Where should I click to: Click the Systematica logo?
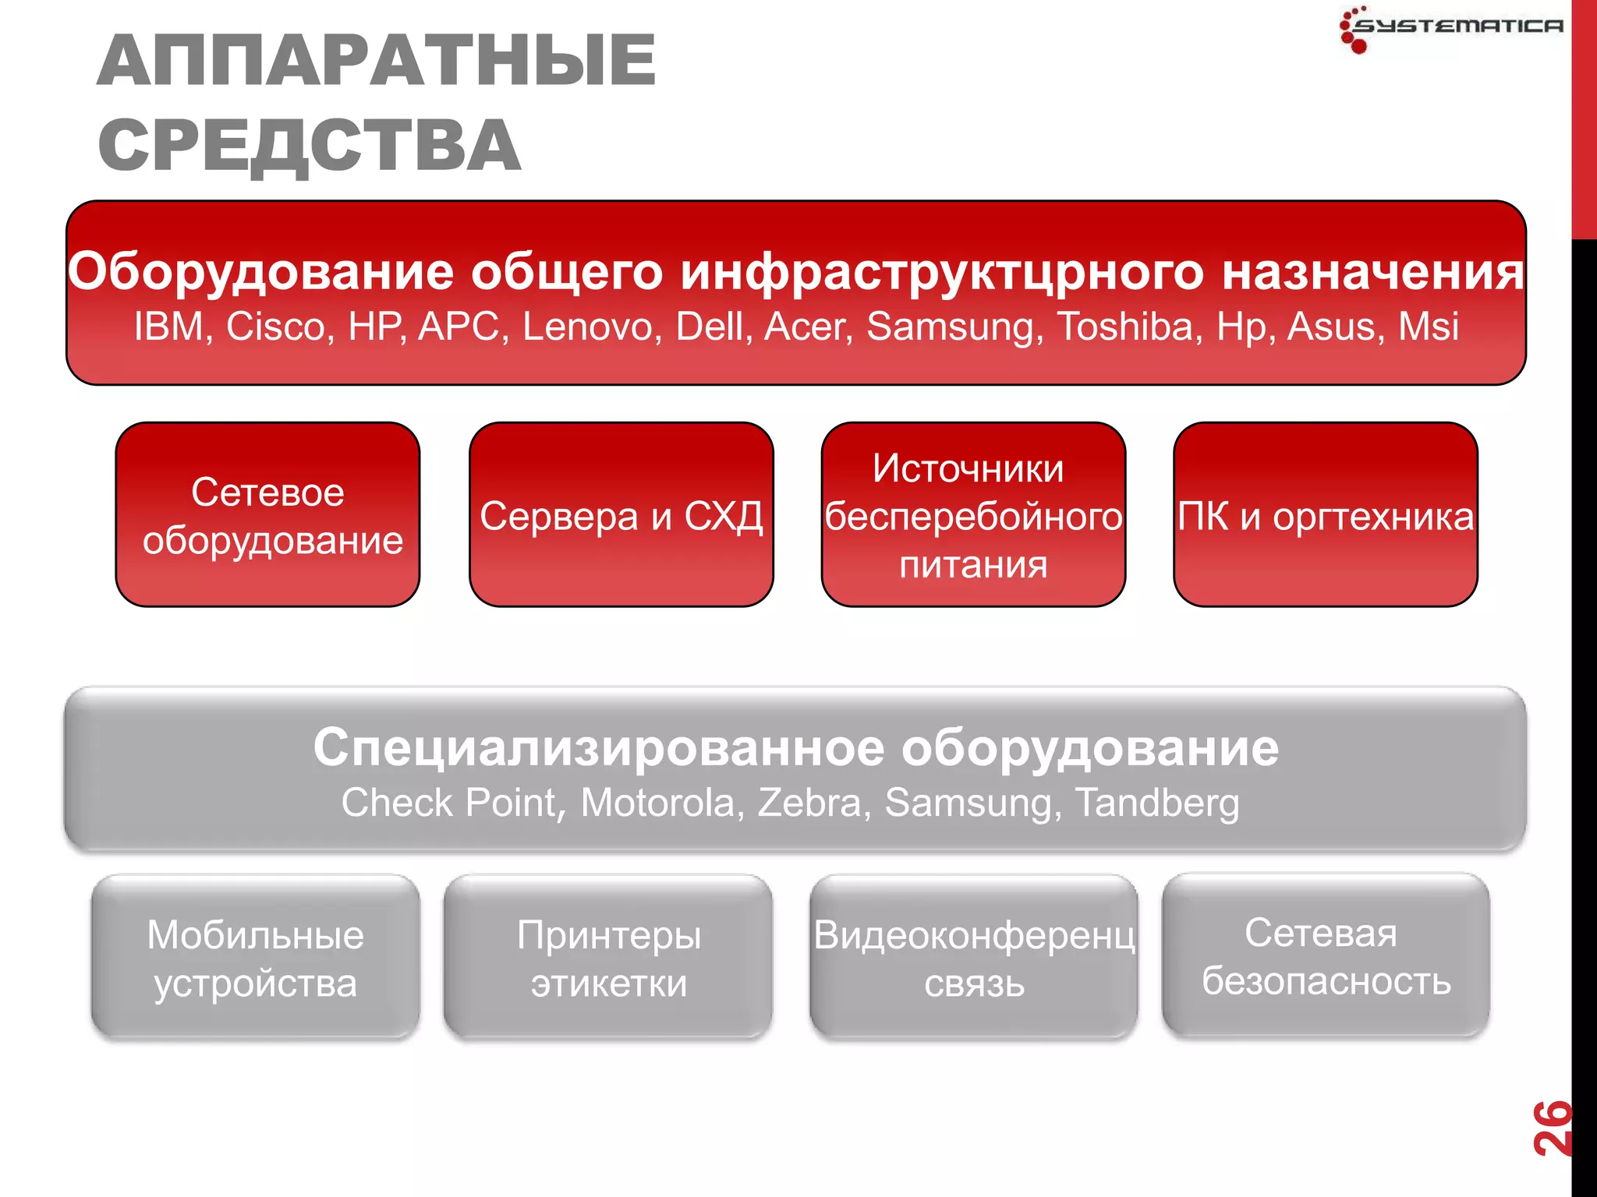[x=1450, y=28]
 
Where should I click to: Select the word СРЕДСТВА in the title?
[x=310, y=146]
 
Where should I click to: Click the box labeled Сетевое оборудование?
[x=267, y=515]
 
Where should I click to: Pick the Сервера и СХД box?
[x=621, y=515]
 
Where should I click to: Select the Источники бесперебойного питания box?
[x=972, y=515]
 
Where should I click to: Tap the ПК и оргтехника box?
[x=1325, y=515]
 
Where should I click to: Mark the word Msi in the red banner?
[x=1428, y=327]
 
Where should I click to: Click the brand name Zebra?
[x=809, y=803]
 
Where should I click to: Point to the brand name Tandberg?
[x=1156, y=803]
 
